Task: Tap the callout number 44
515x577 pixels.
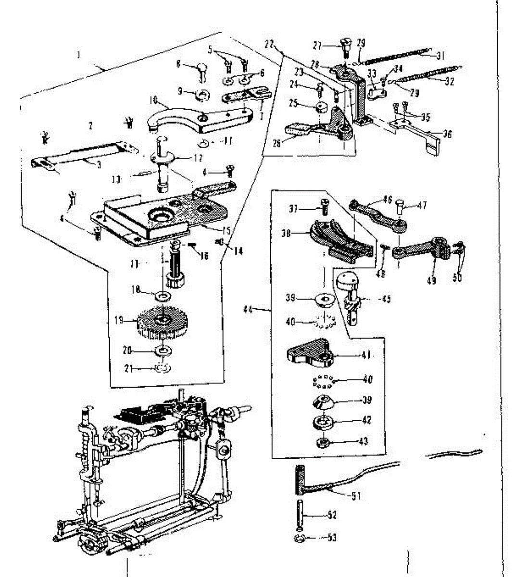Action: (248, 310)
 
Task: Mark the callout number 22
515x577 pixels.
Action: (269, 45)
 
